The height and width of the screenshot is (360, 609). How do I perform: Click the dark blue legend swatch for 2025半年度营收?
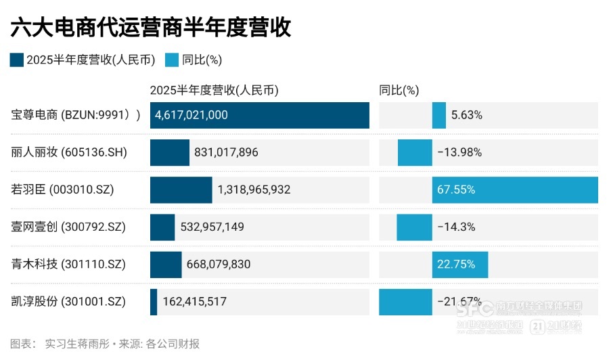tap(17, 60)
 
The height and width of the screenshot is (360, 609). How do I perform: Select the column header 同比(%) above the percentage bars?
tap(399, 90)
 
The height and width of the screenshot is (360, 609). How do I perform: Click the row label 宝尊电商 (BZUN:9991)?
tap(76, 115)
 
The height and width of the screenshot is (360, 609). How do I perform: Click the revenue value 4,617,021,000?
tap(191, 115)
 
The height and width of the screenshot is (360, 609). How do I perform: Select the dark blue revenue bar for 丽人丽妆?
tap(170, 152)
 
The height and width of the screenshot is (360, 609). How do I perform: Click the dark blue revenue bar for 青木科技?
tap(166, 264)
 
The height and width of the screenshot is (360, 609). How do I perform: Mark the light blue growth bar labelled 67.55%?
tap(515, 189)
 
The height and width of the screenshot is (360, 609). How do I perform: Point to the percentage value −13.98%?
tap(459, 152)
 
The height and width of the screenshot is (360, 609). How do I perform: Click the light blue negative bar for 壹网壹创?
tap(414, 227)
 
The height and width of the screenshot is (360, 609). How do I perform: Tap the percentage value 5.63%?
tap(466, 115)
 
